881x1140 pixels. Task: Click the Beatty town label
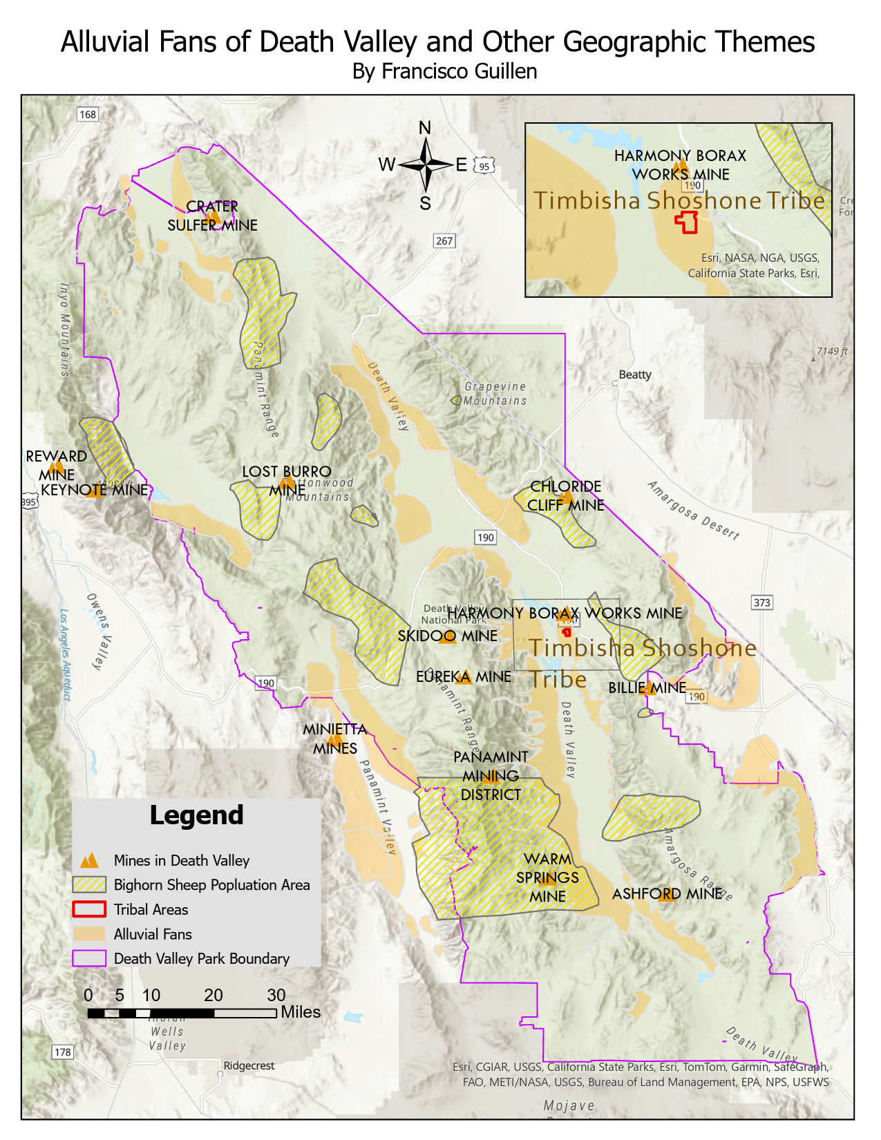pyautogui.click(x=634, y=374)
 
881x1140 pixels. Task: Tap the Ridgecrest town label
pyautogui.click(x=248, y=1065)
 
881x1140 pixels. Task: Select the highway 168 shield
pyautogui.click(x=88, y=114)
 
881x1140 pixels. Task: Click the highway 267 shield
pyautogui.click(x=444, y=240)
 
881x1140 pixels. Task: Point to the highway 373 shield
pyautogui.click(x=761, y=602)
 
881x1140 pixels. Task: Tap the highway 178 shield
pyautogui.click(x=62, y=1052)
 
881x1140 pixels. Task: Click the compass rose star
pyautogui.click(x=426, y=164)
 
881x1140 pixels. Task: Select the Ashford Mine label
pyautogui.click(x=667, y=893)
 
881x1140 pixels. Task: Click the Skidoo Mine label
pyautogui.click(x=447, y=636)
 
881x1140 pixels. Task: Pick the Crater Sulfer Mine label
pyautogui.click(x=212, y=216)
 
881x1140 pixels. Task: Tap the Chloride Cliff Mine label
pyautogui.click(x=566, y=495)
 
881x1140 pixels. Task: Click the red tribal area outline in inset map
pyautogui.click(x=686, y=222)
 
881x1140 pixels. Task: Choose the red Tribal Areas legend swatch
pyautogui.click(x=89, y=909)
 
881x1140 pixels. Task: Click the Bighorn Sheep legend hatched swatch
pyautogui.click(x=89, y=884)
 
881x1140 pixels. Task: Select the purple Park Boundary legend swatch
pyautogui.click(x=89, y=958)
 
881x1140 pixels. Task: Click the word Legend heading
pyautogui.click(x=196, y=815)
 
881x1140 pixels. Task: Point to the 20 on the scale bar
pyautogui.click(x=213, y=995)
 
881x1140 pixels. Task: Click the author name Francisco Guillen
pyautogui.click(x=444, y=71)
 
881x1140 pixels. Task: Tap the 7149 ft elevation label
pyautogui.click(x=831, y=351)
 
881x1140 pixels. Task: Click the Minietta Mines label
pyautogui.click(x=335, y=738)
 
